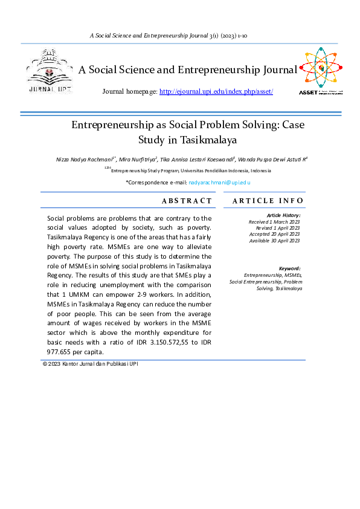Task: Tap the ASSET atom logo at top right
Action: tap(321, 70)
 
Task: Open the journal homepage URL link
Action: tap(216, 91)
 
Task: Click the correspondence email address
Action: tap(219, 182)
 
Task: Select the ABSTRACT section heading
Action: tap(187, 201)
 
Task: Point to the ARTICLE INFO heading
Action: tap(268, 201)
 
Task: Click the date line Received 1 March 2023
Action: tap(274, 222)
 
